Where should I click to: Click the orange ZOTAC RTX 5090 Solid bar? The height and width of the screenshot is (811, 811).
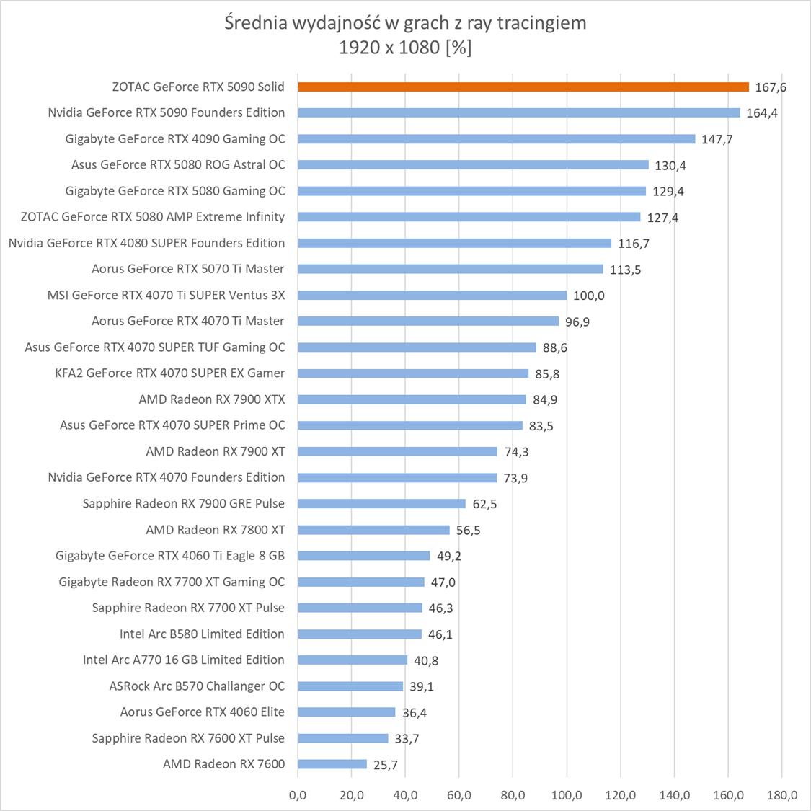tap(523, 87)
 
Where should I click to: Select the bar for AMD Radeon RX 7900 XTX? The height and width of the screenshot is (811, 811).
tap(412, 399)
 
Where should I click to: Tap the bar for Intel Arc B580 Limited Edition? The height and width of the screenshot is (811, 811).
tap(360, 634)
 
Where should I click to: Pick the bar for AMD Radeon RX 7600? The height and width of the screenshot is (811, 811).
tap(332, 764)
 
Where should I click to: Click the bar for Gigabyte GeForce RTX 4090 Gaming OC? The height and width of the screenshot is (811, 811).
tap(497, 139)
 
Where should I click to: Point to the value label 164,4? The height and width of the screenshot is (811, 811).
tap(762, 113)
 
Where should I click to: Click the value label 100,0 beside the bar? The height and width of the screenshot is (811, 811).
tap(589, 296)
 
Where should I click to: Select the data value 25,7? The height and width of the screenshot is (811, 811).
tap(386, 765)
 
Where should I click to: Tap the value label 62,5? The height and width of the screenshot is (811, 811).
tap(484, 504)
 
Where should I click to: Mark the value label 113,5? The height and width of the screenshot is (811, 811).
tap(625, 270)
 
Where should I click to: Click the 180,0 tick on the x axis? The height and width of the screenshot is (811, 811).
tap(782, 795)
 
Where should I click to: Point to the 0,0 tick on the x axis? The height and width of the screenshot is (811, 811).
tap(298, 795)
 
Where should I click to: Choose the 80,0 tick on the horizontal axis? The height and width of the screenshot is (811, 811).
tap(513, 795)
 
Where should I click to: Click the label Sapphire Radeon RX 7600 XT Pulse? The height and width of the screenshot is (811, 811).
tap(188, 738)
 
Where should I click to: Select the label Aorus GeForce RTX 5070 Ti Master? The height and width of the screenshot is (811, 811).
tap(188, 269)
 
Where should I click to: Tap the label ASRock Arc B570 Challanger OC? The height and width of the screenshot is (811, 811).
tap(197, 686)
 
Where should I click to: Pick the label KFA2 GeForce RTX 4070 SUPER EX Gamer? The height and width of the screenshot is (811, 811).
tap(170, 373)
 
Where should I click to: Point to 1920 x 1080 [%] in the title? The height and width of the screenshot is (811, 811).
tap(406, 48)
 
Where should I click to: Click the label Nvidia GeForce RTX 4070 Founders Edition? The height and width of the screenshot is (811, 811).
tap(167, 477)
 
